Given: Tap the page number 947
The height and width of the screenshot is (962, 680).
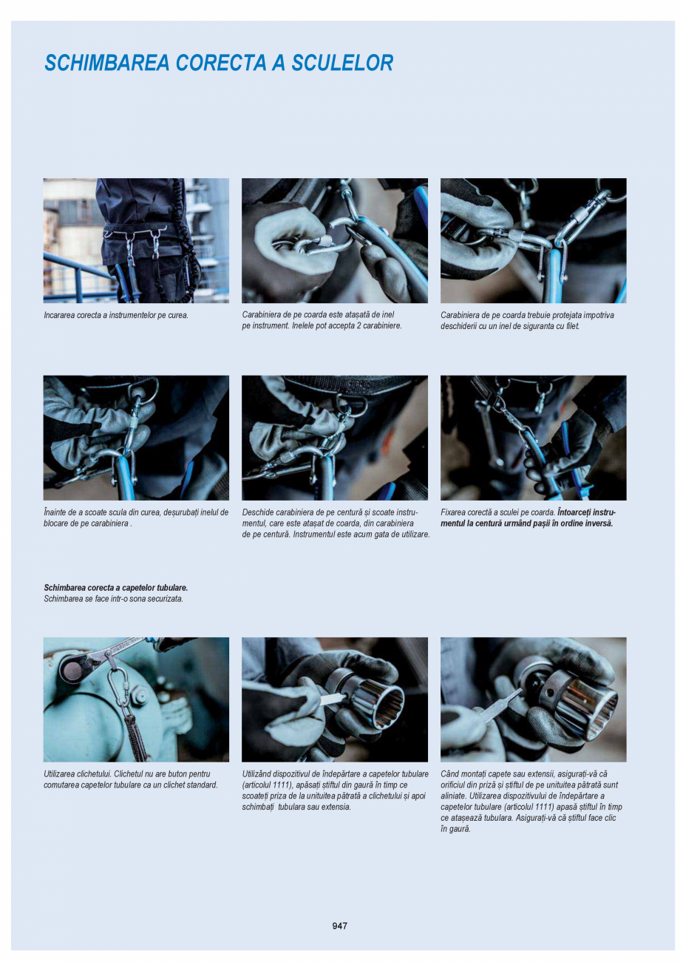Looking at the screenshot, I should [x=339, y=926].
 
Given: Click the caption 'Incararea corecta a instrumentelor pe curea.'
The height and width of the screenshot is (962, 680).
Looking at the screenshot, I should [x=116, y=316].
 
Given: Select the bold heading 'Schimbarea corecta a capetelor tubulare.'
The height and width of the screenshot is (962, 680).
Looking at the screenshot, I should [x=116, y=588].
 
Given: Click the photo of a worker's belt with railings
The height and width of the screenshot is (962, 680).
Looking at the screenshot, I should [x=136, y=240].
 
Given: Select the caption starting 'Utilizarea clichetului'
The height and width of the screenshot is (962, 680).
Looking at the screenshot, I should [x=131, y=779].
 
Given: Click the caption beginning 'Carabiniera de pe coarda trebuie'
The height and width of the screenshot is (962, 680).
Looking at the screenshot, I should [x=526, y=320].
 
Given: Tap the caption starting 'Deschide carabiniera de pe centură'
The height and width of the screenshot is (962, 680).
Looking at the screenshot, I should [x=335, y=523].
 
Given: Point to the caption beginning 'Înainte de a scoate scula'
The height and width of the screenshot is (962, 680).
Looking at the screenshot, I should [x=135, y=518].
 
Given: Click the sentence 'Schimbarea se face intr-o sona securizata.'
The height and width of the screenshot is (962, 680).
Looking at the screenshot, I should [x=113, y=599].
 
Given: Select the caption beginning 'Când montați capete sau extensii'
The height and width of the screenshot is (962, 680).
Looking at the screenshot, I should [x=531, y=802].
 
